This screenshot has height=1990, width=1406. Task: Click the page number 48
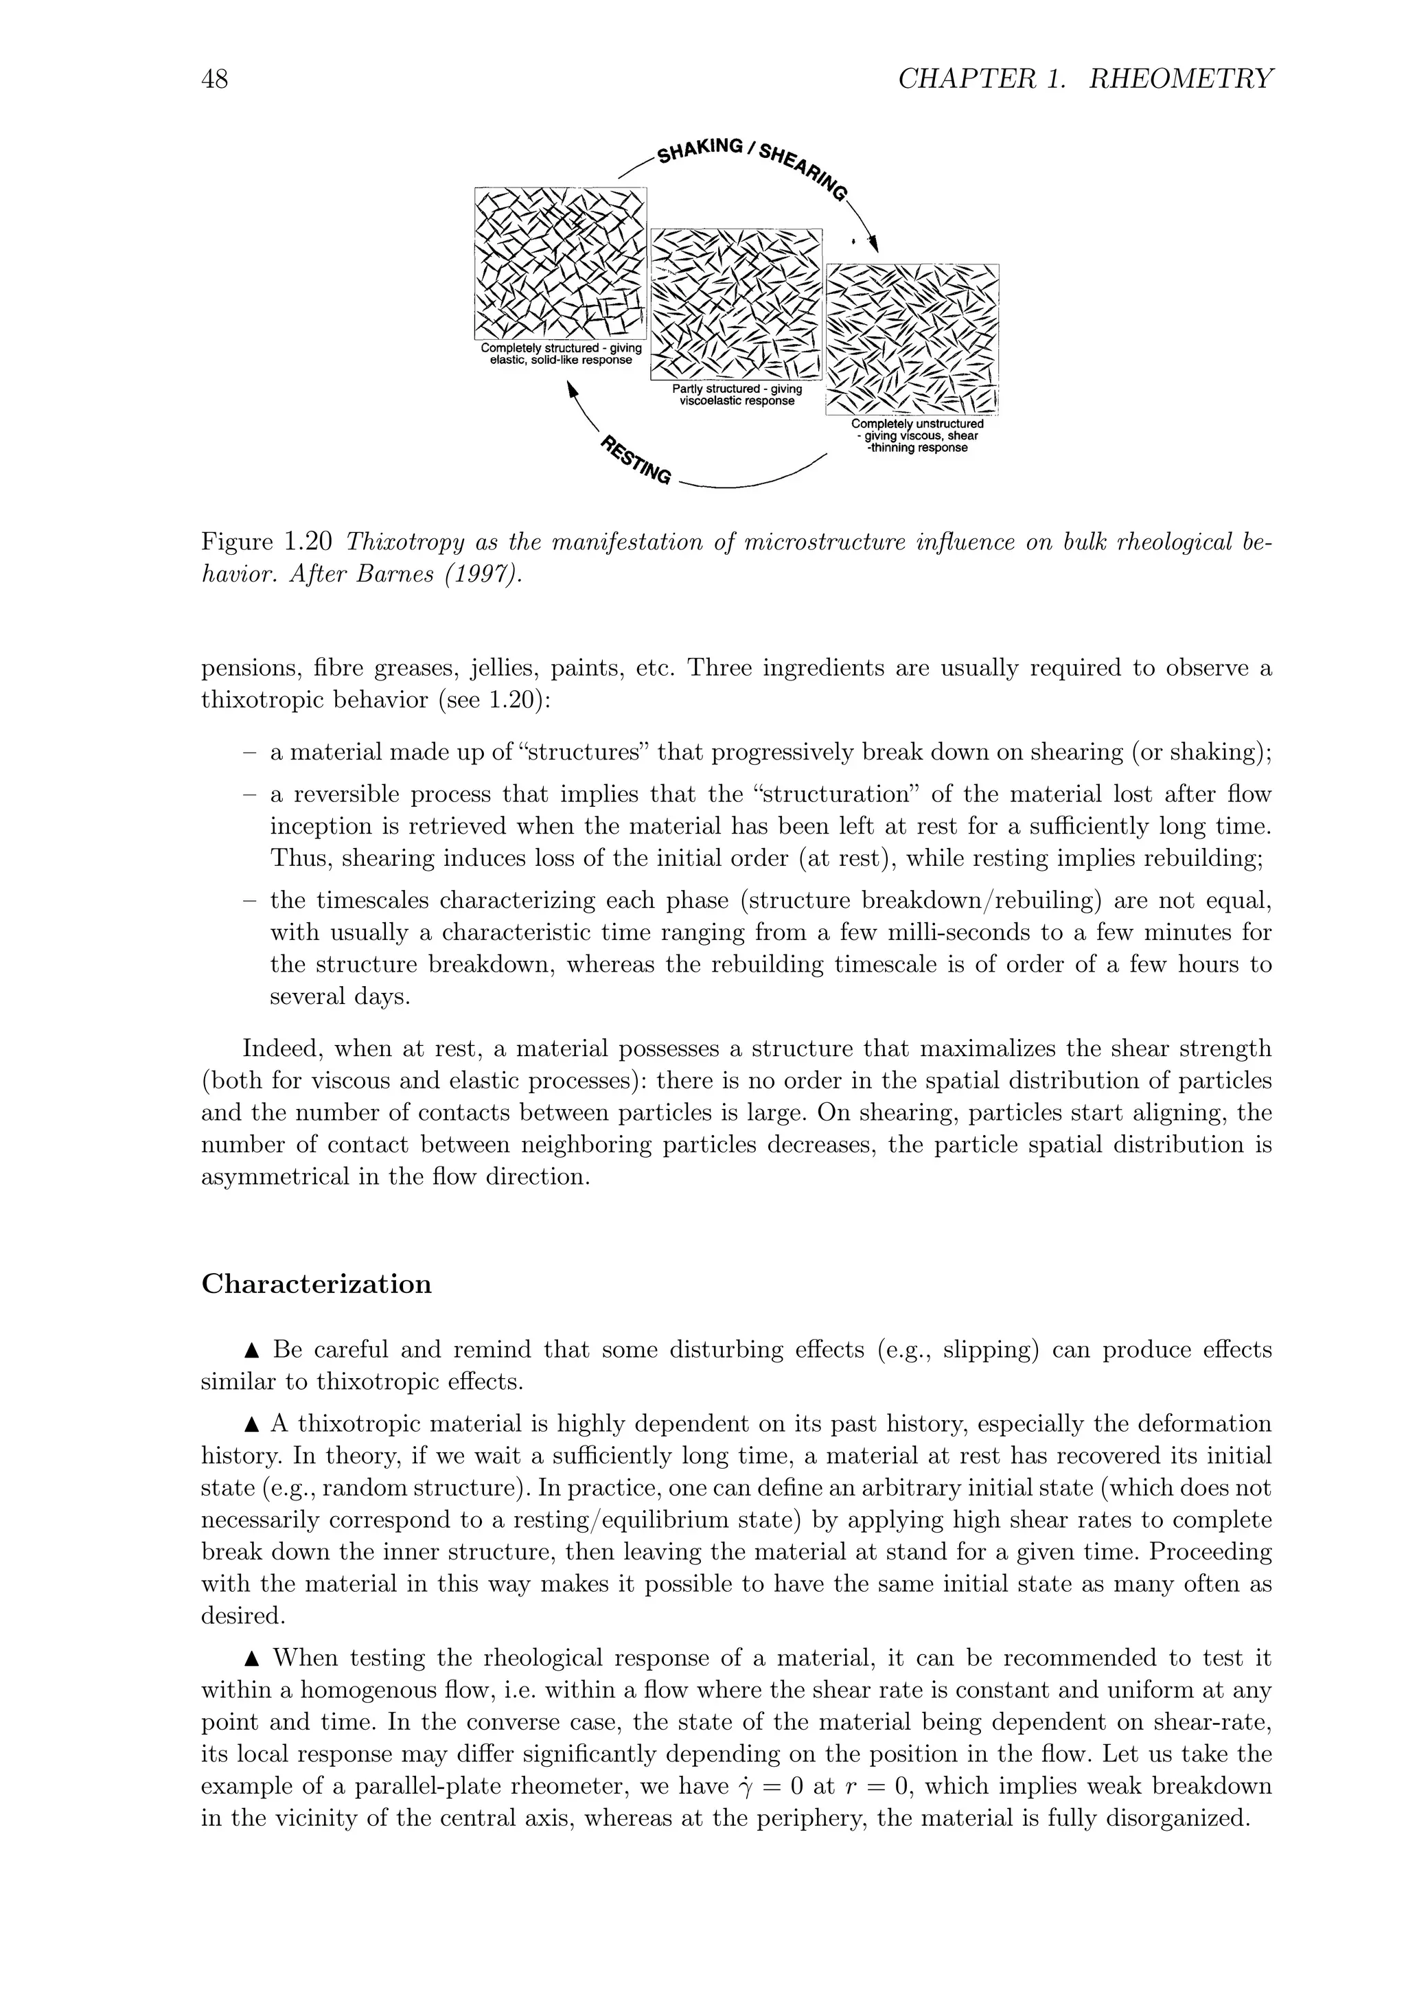[215, 80]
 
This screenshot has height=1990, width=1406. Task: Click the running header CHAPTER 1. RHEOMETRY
[1085, 80]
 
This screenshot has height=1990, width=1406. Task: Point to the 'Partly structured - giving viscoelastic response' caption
[737, 396]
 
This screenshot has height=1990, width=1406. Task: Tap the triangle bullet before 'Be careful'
[252, 1350]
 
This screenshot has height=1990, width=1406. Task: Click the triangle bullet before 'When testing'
[252, 1659]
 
